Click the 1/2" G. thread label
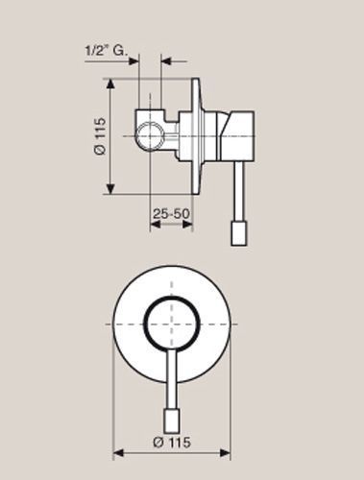pyautogui.click(x=106, y=51)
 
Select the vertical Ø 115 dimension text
pyautogui.click(x=100, y=136)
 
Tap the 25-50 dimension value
pyautogui.click(x=171, y=213)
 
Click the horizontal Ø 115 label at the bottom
pyautogui.click(x=172, y=443)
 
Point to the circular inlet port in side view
pyautogui.click(x=150, y=135)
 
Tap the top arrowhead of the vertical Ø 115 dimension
pyautogui.click(x=110, y=84)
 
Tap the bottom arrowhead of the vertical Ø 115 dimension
pyautogui.click(x=110, y=189)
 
